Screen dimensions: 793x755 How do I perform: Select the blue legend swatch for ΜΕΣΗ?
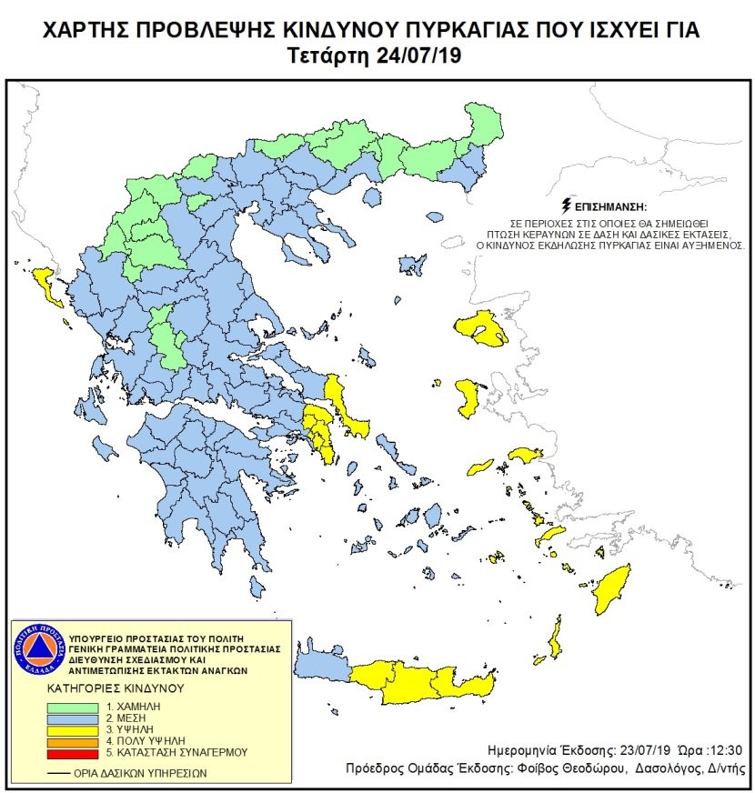point(74,718)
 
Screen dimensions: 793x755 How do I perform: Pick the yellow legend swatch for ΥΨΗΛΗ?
point(74,729)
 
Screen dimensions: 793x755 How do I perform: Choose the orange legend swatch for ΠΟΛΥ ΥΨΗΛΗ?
point(74,741)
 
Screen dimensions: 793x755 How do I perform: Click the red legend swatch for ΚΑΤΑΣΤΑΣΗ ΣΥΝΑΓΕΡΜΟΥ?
point(74,753)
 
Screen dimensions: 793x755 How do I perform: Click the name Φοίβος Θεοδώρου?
point(579,768)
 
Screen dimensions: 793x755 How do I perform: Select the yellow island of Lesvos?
point(482,328)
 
